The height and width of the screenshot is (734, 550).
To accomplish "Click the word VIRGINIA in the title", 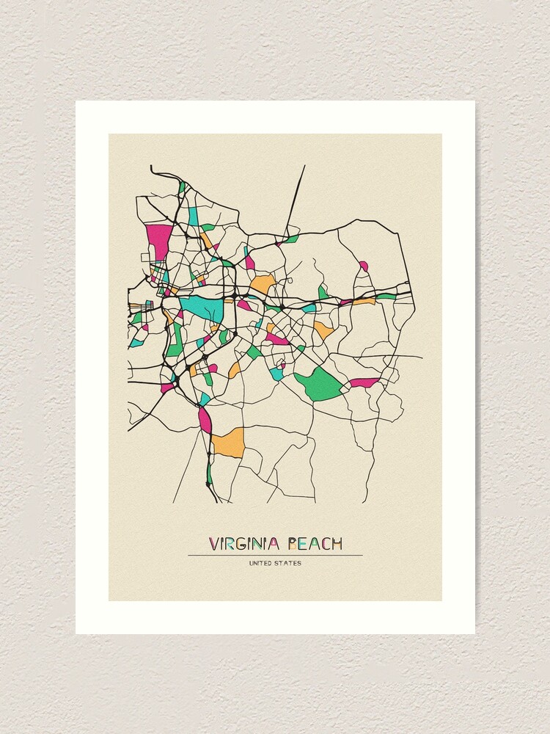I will (244, 544).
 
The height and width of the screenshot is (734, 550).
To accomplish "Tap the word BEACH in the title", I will (315, 544).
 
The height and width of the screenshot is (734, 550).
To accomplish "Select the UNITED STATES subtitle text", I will (275, 564).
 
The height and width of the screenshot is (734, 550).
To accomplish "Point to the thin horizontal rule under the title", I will (275, 555).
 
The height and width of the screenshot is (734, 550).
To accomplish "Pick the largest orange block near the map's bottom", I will (227, 443).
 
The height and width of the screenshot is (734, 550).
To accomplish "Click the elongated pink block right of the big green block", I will (364, 382).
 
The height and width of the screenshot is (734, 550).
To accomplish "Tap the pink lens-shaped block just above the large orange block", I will (205, 419).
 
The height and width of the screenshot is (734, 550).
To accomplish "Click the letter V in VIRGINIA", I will (213, 544).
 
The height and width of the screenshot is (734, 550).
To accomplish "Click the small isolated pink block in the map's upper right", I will (364, 266).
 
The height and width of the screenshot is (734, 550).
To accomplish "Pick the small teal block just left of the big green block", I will (276, 374).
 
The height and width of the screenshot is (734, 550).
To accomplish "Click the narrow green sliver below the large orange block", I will (209, 473).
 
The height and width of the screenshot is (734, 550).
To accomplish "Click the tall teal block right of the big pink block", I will (194, 217).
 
